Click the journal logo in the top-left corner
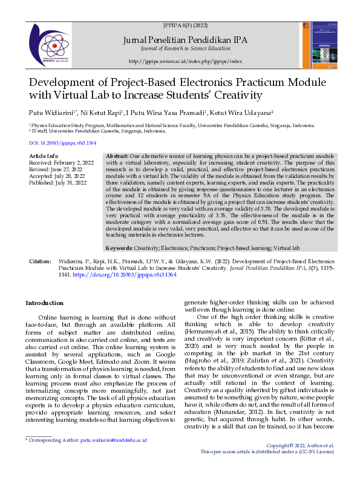(56, 42)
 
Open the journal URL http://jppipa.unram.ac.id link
(185, 61)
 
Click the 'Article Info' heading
(44, 156)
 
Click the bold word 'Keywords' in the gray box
(122, 249)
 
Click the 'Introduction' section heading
(44, 303)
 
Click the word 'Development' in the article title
(65, 82)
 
